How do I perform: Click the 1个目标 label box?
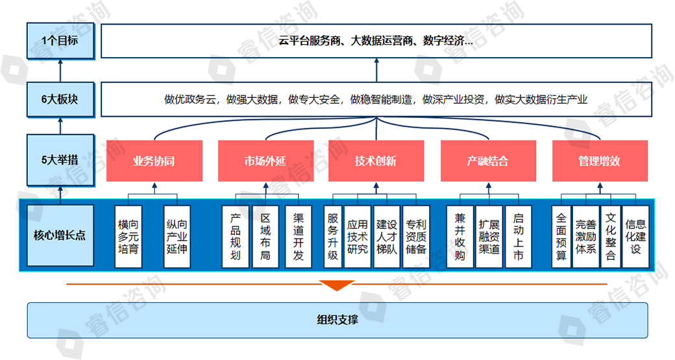pos(60,41)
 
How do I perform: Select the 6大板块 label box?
pos(60,99)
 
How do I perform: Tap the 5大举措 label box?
pos(60,160)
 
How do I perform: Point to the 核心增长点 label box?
pos(60,235)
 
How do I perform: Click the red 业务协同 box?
pos(154,161)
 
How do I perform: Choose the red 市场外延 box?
pos(265,161)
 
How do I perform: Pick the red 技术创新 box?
pos(376,161)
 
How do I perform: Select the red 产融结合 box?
pos(488,161)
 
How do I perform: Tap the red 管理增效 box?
pos(599,161)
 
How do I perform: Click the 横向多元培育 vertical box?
pos(129,236)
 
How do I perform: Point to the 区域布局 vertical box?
pos(265,236)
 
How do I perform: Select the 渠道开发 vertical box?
pos(298,236)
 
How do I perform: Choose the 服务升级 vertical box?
pos(333,236)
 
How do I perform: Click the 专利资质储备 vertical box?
pos(416,236)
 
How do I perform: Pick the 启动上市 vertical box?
pos(518,236)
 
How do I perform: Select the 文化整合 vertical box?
pos(610,236)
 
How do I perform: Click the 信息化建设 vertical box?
pos(635,236)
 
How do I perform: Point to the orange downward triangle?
pos(337,285)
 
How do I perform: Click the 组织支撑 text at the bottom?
pos(337,319)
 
